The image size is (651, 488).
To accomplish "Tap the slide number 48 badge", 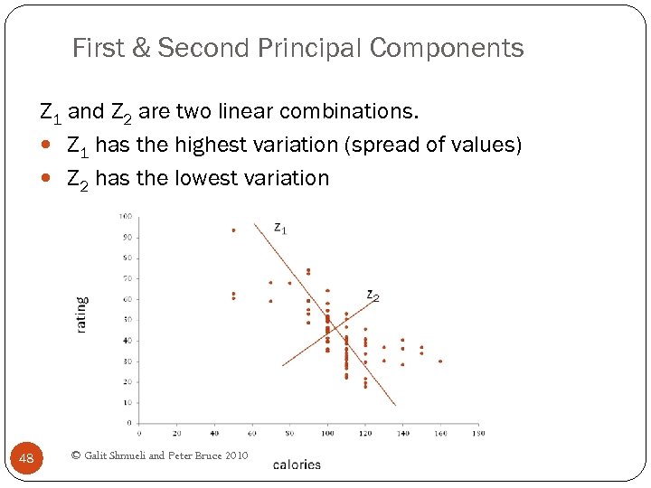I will click(x=26, y=459).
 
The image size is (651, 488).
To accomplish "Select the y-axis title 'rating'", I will click(x=82, y=314).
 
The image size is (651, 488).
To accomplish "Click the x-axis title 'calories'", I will click(x=297, y=465).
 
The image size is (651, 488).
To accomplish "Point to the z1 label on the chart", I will click(x=280, y=229).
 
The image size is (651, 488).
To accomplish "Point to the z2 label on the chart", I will click(x=373, y=295).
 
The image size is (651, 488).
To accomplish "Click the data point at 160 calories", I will click(x=440, y=361).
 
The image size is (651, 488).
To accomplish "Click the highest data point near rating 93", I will click(x=233, y=230).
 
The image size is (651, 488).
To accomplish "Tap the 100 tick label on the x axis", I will click(x=327, y=433).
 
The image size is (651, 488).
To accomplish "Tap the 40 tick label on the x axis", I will click(x=214, y=433).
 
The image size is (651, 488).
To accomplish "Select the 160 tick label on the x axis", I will click(x=440, y=433).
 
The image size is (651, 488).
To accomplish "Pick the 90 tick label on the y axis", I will click(x=127, y=237).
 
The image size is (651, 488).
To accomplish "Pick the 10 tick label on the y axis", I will click(x=127, y=402).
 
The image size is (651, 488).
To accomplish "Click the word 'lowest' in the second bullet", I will click(x=205, y=178).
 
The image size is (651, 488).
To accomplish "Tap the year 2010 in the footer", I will click(x=232, y=455).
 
